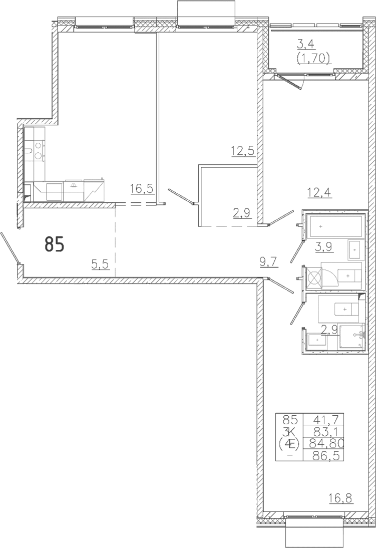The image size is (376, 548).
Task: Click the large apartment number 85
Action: coord(55,244)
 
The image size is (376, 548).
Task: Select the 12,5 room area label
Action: coord(242,152)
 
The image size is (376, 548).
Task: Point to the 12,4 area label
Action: coord(319,192)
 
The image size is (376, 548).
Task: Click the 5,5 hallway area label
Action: coord(100,264)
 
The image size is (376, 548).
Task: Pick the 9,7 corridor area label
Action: coord(269,261)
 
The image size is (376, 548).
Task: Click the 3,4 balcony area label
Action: coord(305,45)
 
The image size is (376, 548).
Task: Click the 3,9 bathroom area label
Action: coord(323,247)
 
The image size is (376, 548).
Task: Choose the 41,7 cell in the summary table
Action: coord(323,419)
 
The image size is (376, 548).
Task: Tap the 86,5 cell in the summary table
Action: coord(323,455)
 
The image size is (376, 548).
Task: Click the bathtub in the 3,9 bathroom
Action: coord(334,226)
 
